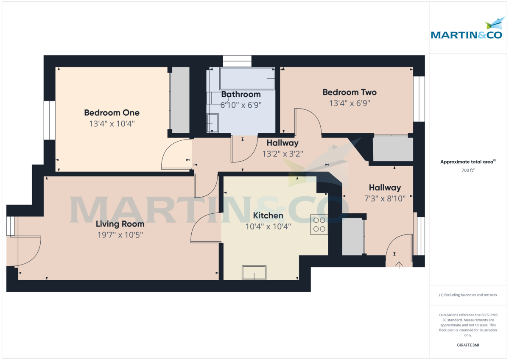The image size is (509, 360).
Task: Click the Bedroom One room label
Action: tap(112, 113)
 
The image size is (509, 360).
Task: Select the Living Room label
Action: tap(120, 224)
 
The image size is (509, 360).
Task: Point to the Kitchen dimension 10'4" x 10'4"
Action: tap(268, 226)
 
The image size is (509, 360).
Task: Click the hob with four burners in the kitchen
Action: tap(319, 225)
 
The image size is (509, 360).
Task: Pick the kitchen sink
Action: tap(254, 273)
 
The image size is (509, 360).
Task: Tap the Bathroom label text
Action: tap(241, 94)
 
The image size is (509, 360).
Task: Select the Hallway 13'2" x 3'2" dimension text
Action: tap(282, 153)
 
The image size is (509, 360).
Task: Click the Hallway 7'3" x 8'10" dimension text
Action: tap(384, 198)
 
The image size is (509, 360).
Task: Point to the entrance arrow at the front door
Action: tap(399, 265)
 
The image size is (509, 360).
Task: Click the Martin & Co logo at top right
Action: tap(467, 30)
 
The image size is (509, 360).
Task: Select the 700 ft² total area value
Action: tap(467, 170)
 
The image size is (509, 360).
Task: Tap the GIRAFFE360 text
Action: tap(467, 345)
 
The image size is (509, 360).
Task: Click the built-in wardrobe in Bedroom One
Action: tap(180, 100)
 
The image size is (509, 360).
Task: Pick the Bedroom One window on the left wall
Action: tap(50, 120)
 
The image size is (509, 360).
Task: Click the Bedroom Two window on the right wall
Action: tap(419, 99)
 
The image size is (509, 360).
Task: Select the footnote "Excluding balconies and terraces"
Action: tap(467, 295)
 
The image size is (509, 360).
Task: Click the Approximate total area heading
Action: tap(467, 162)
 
